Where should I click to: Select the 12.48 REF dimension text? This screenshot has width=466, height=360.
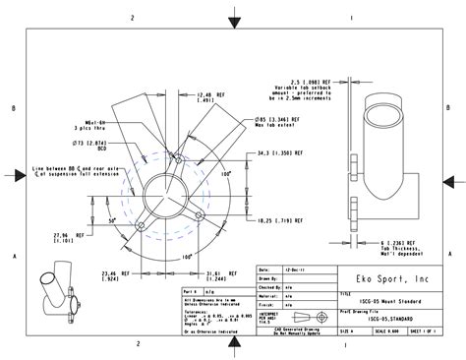(209, 94)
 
